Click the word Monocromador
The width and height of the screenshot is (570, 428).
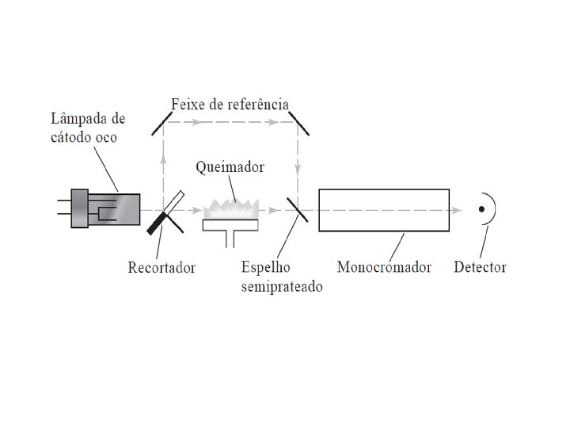[384, 266]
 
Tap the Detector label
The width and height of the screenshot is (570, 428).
[480, 266]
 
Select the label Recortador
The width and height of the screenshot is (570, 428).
[161, 267]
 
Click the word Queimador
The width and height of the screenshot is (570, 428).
[230, 168]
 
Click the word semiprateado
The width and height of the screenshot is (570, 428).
[281, 286]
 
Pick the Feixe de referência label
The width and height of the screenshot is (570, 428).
[230, 105]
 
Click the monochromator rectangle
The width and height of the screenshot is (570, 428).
[384, 210]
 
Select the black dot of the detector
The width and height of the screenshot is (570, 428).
[481, 209]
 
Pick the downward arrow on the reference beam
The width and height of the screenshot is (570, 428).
[298, 168]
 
